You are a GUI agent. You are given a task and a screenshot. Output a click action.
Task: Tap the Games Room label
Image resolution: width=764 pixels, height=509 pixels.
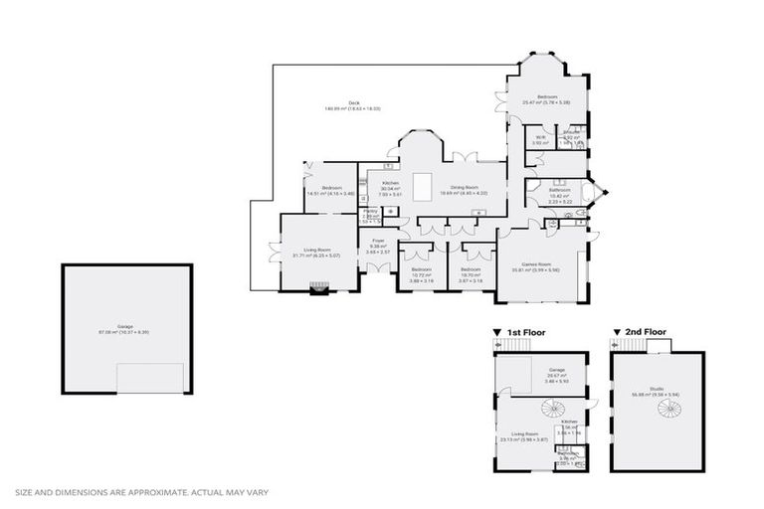(x=543, y=264)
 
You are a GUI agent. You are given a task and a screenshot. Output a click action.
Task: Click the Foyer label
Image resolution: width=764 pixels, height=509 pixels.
(x=378, y=241)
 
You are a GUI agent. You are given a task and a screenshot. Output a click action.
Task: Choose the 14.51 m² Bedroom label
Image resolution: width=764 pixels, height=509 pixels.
(x=331, y=189)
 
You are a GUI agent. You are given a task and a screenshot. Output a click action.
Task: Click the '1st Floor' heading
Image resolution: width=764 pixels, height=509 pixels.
(x=527, y=332)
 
